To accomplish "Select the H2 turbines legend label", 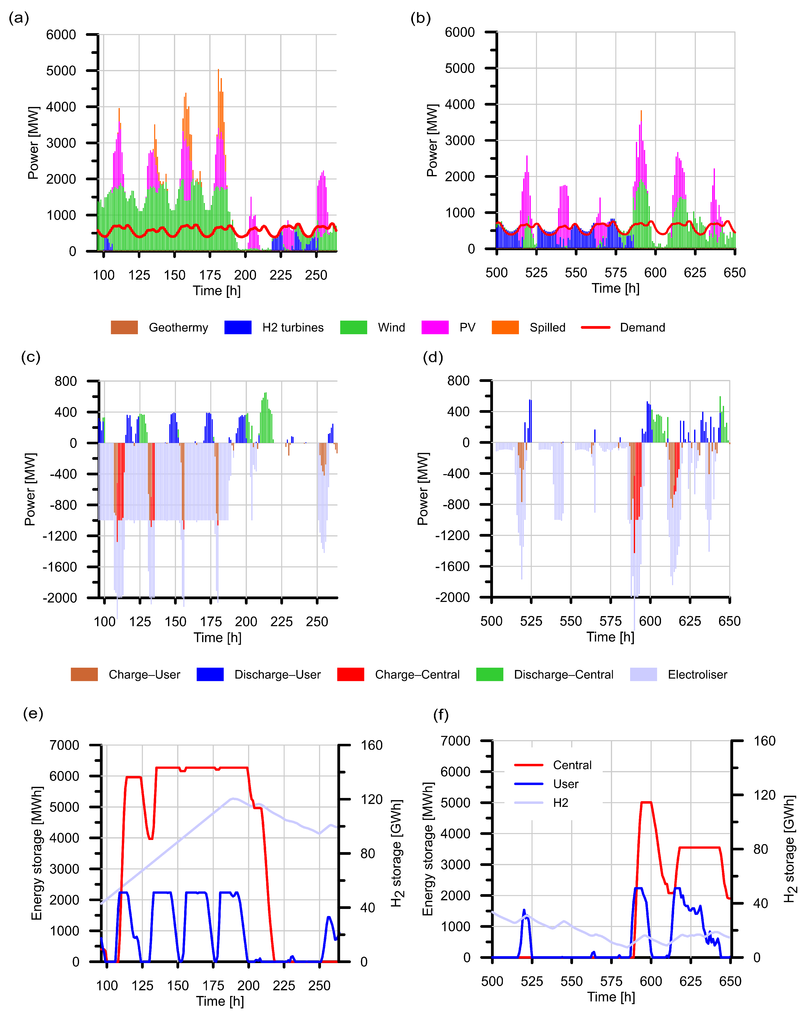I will (x=293, y=328).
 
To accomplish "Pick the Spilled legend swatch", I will (x=505, y=327).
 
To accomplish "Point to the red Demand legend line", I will (x=596, y=327).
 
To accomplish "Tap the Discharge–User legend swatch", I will (x=210, y=674).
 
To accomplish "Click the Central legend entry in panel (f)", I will (x=572, y=765).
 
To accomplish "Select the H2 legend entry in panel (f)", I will (x=561, y=803).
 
